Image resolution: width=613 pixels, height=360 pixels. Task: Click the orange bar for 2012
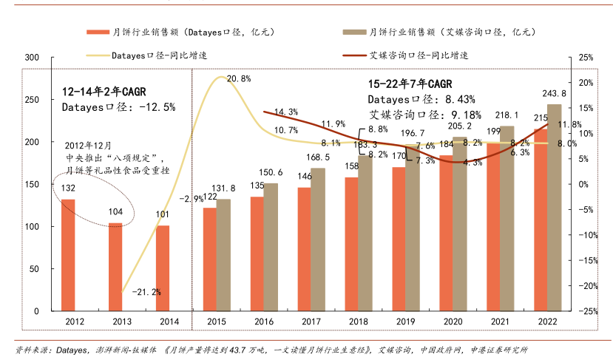[68, 255]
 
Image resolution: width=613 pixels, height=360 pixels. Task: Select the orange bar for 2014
[163, 268]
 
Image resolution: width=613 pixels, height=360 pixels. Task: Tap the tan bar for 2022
[554, 208]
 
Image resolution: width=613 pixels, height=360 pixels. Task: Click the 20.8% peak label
[239, 78]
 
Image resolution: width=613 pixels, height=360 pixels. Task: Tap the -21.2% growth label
[146, 292]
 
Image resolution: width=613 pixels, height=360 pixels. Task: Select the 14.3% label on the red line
[285, 112]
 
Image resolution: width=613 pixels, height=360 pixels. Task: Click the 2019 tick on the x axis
[405, 321]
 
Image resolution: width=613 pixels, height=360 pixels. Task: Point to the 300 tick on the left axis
[32, 57]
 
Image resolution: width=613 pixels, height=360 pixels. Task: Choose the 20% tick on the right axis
[586, 82]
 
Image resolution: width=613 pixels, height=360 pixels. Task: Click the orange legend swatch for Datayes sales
[96, 33]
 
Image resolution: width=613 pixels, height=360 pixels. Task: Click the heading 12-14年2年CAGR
[104, 91]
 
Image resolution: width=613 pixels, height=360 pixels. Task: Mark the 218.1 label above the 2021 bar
[507, 116]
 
